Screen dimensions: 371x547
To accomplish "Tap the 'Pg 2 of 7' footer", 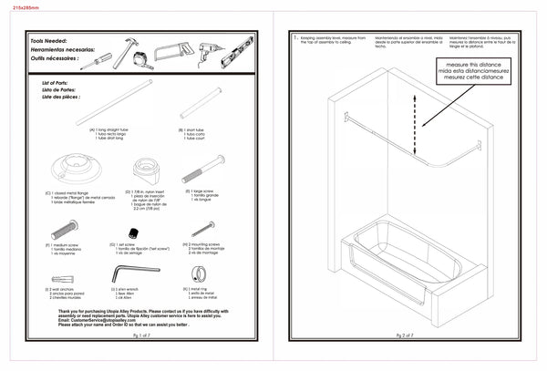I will [x=400, y=335].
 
